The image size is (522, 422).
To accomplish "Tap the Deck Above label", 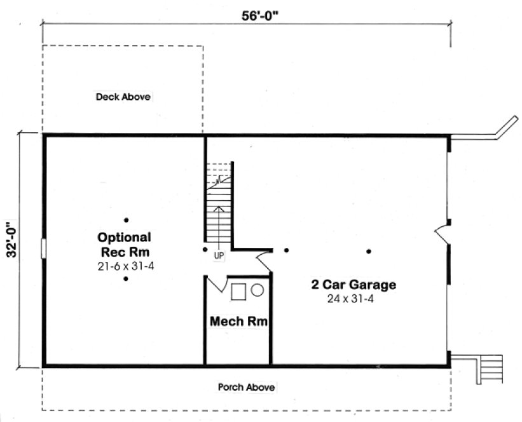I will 123,97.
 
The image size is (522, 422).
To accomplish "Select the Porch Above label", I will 247,387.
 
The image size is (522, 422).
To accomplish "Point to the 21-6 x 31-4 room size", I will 124,266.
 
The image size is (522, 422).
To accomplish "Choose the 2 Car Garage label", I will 354,285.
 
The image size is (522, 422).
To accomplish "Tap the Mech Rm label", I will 238,322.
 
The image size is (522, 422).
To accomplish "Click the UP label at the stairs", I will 219,255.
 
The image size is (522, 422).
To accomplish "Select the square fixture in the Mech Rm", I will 238,292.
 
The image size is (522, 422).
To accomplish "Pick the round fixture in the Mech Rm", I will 258,290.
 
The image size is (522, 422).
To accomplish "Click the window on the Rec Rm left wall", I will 43,248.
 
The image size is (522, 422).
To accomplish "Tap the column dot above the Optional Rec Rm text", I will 126,221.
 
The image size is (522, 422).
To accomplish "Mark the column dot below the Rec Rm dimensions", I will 126,279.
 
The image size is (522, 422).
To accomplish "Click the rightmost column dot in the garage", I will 368,251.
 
